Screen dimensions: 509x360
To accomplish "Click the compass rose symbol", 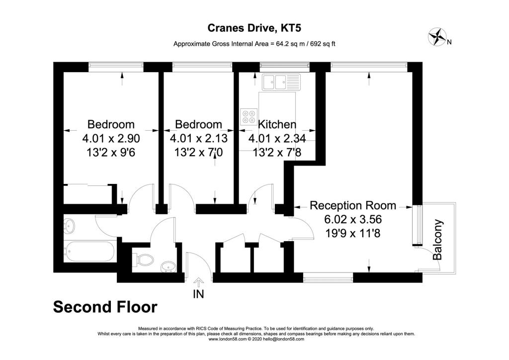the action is (x=437, y=37).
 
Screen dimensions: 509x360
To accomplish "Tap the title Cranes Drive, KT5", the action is (x=254, y=28).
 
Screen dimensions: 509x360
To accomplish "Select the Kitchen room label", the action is (x=277, y=124).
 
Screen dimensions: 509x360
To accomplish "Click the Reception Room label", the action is (x=353, y=205).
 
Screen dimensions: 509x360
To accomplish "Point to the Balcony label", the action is (x=437, y=240).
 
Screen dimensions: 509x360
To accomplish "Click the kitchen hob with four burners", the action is (x=249, y=117).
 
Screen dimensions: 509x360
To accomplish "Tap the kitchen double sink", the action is (x=282, y=82).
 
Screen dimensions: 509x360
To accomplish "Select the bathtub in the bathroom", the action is (x=89, y=252).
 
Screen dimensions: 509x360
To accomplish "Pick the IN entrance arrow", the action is (x=198, y=282).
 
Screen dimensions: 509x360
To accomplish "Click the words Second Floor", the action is (x=105, y=307).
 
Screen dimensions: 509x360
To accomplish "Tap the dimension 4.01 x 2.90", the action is (x=111, y=139).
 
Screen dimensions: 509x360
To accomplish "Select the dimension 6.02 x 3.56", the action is (x=353, y=219).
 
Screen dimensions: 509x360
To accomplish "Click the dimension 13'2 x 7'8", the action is (x=277, y=152).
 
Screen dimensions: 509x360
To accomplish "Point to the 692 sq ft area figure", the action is (x=323, y=44).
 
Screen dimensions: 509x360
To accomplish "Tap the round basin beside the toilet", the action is (x=168, y=267).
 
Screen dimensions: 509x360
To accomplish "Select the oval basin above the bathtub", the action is (x=69, y=226).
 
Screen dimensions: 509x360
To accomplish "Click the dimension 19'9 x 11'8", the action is (x=353, y=233).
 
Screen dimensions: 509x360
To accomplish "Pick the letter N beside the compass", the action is (x=449, y=42).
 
